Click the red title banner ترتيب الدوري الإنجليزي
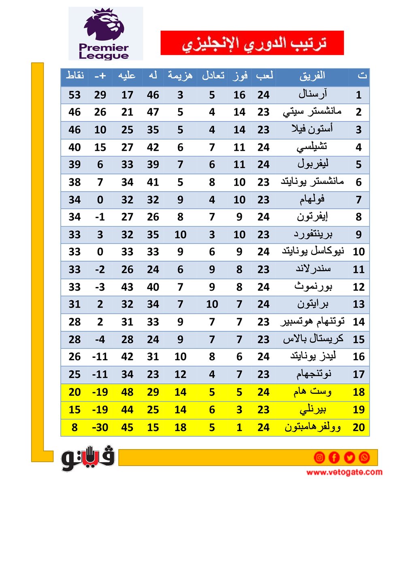[x=252, y=43]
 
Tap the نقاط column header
[x=75, y=76]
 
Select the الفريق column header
[x=312, y=76]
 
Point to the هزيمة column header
[x=180, y=76]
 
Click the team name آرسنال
[x=312, y=95]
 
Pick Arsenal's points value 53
[x=75, y=95]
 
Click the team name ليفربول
[x=312, y=164]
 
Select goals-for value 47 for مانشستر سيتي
[x=153, y=112]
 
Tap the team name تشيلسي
[x=312, y=147]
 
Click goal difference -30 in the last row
[x=100, y=427]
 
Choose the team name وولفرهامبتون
[x=312, y=427]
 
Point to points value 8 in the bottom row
[x=75, y=427]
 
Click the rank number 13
[x=358, y=304]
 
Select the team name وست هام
[x=312, y=392]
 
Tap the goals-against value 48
[x=127, y=392]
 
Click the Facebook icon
[x=334, y=457]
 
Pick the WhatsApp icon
[x=364, y=457]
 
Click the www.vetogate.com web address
[x=344, y=472]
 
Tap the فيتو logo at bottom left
[x=88, y=458]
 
